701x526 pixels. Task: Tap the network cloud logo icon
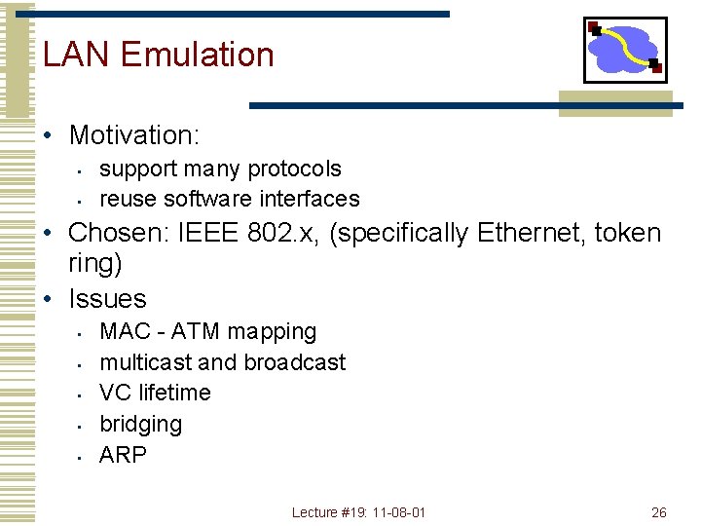[624, 50]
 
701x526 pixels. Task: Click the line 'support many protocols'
[220, 169]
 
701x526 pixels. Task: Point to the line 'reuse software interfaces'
[230, 199]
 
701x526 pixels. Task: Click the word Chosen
[118, 233]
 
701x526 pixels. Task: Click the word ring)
[94, 264]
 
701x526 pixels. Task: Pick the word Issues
[107, 299]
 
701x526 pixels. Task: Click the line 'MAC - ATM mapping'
[208, 331]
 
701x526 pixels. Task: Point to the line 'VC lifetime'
[155, 393]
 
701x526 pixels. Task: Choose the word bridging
[140, 424]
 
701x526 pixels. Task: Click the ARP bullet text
[123, 455]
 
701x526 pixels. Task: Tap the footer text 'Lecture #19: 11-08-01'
[358, 512]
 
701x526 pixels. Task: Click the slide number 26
[658, 512]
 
